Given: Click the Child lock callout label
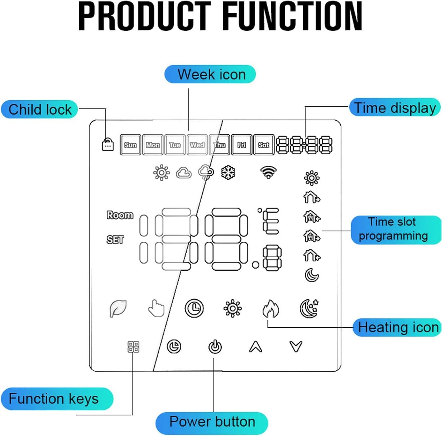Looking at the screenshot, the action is [39, 110].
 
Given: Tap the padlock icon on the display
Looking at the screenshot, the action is [108, 144].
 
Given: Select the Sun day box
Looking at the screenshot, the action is [130, 145].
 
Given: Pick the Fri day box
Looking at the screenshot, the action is [242, 145].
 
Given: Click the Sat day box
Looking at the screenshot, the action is [264, 145].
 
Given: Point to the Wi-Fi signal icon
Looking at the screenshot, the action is [268, 172].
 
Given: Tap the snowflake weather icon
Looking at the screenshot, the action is [228, 172].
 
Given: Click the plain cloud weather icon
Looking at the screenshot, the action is [184, 173].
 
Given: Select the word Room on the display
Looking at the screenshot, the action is [120, 215].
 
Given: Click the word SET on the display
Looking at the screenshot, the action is [115, 239].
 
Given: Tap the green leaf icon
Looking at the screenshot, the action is [118, 308].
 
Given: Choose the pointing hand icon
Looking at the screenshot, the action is [156, 308].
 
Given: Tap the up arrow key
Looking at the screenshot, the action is [255, 347].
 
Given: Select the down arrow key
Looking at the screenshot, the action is [296, 347].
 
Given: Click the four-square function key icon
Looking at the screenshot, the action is [133, 347].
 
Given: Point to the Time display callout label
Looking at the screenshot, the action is [395, 107].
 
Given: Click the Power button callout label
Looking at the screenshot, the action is [212, 422].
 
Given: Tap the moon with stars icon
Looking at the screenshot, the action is [309, 308].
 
